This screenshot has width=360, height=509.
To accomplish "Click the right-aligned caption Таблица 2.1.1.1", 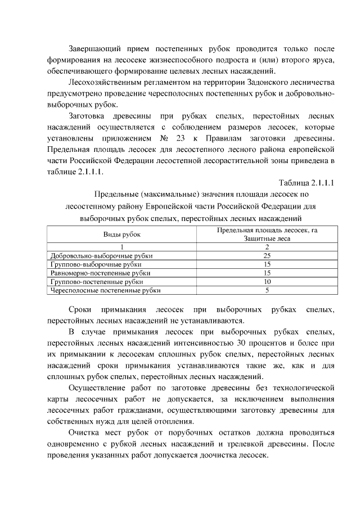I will (307, 183).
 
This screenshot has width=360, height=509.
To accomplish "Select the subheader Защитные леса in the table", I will (267, 238).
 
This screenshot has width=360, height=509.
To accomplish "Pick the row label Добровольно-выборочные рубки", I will (101, 255).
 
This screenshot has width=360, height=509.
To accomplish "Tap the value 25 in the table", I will (267, 255).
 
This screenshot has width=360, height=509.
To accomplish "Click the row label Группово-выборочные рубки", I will (96, 263).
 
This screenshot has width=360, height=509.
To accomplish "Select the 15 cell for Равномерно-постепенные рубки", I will (267, 272).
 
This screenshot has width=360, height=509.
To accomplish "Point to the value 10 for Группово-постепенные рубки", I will (267, 281).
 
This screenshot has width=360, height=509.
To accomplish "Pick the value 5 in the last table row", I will (267, 290).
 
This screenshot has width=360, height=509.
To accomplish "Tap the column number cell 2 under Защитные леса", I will (267, 246).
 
